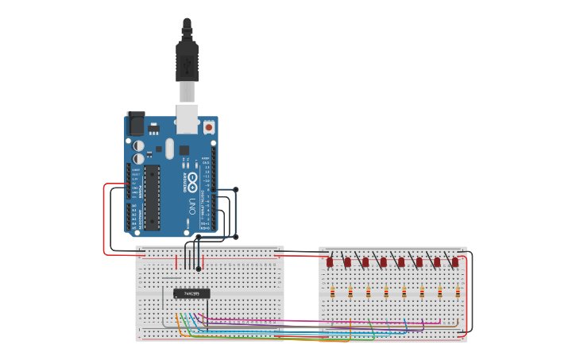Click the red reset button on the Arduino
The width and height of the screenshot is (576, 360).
click(209, 126)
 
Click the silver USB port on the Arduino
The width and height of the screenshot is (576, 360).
click(187, 118)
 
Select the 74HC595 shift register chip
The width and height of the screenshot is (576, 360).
click(191, 293)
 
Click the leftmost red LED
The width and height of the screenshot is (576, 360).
click(330, 261)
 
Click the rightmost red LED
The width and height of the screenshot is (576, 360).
click(455, 261)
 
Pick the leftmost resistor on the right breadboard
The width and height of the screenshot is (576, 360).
click(332, 292)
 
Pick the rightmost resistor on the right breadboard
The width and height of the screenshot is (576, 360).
click(458, 292)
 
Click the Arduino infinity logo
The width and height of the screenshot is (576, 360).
click(192, 182)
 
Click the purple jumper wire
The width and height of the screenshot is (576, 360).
click(318, 324)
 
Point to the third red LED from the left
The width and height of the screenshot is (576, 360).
click(365, 261)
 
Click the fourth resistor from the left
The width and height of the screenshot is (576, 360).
click(386, 292)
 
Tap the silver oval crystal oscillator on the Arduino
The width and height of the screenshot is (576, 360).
click(169, 148)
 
